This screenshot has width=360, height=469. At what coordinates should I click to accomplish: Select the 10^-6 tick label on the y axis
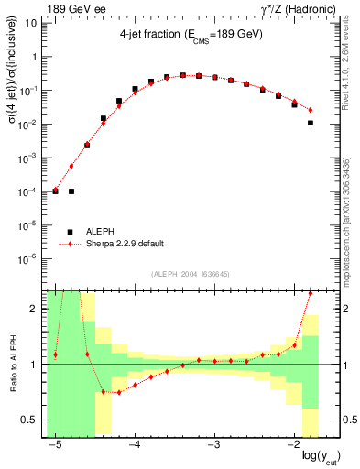click(x=28, y=258)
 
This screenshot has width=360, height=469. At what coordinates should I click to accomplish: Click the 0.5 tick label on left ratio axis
click(x=29, y=420)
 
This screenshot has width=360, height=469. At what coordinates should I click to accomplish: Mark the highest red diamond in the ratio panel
click(x=311, y=293)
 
